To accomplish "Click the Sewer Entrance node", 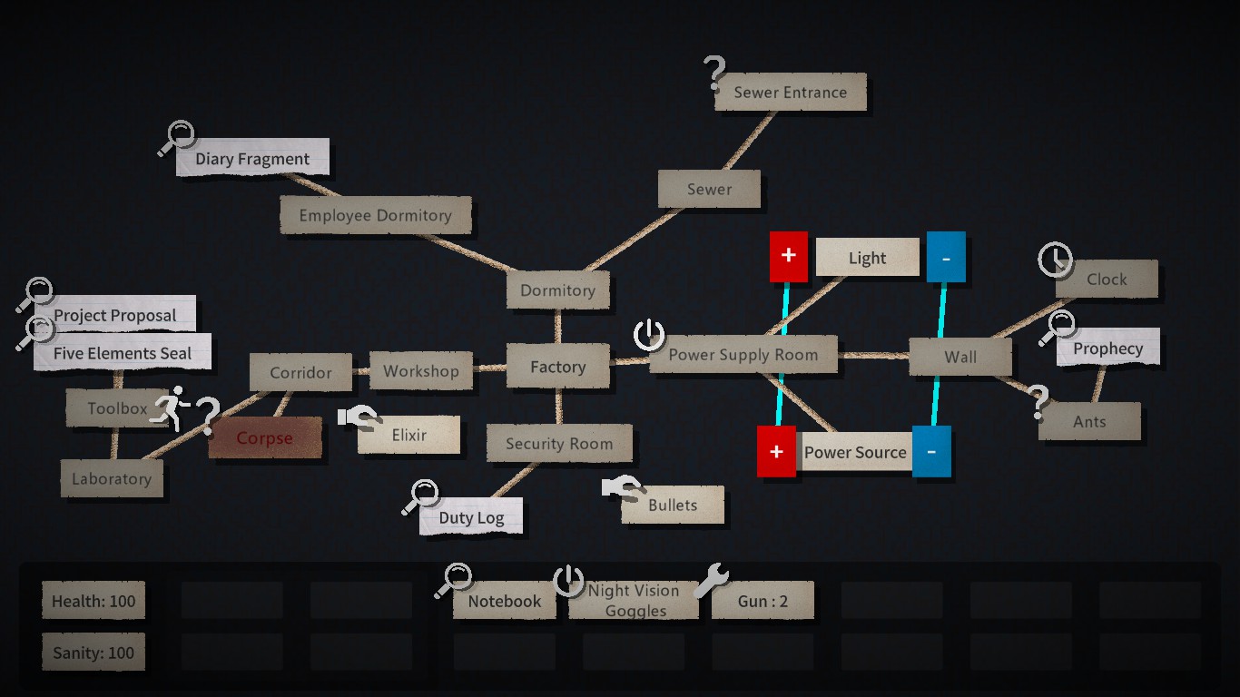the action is pos(791,92).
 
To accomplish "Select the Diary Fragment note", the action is pos(253,158).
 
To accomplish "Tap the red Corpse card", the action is pos(264,437).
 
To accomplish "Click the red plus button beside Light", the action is pos(788,256).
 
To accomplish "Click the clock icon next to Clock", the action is pos(1055,259).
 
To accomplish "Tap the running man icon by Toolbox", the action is pos(171,408).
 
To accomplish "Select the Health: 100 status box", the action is pos(93,600).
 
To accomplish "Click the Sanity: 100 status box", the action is pos(93,653).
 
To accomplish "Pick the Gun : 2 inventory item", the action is pos(763,601).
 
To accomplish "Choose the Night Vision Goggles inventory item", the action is pos(634,600).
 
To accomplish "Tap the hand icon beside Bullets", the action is pos(622,487).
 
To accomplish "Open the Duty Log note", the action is pos(471,516).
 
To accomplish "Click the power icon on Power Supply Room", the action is pos(649,335).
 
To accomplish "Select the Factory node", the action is pos(558,366).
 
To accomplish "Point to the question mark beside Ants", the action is pos(1038,402).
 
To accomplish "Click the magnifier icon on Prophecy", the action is pos(1058,329).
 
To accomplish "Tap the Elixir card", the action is pos(409,435).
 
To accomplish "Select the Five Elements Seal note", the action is pos(123,352).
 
